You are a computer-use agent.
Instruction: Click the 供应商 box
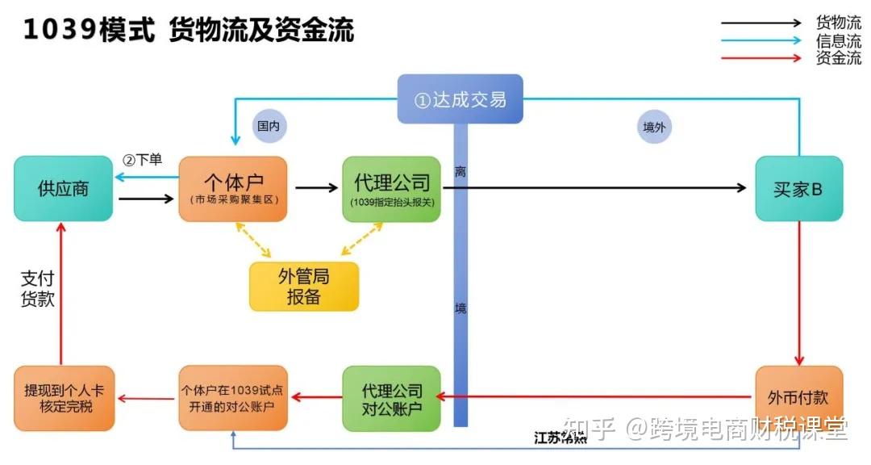(x=63, y=189)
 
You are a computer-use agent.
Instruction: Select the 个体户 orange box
(x=234, y=189)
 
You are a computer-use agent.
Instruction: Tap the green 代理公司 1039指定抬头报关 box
(x=392, y=189)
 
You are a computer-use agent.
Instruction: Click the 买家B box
(x=798, y=189)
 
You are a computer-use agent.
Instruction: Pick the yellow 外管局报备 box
(x=303, y=287)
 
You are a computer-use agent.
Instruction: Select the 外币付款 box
(x=798, y=398)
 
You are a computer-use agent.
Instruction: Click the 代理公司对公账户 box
(x=392, y=398)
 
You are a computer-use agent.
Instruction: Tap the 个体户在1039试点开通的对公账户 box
(x=232, y=398)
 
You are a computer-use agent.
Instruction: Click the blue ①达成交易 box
(x=460, y=99)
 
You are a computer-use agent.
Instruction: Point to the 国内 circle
(x=270, y=127)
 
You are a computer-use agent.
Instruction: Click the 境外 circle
(x=654, y=127)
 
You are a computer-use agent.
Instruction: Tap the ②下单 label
(x=143, y=160)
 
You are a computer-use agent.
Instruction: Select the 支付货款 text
(x=37, y=288)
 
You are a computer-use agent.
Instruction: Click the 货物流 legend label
(x=838, y=23)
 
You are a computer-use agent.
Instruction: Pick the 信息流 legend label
(x=838, y=40)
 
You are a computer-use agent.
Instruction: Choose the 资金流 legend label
(x=838, y=58)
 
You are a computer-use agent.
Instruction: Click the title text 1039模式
(x=89, y=31)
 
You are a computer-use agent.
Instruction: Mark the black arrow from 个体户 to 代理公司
(x=316, y=188)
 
